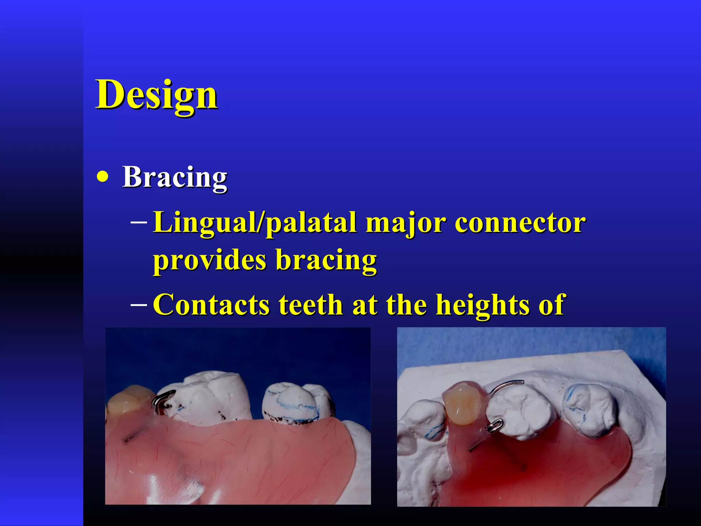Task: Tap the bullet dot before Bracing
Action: [x=102, y=177]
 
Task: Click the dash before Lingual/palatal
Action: [x=139, y=223]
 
